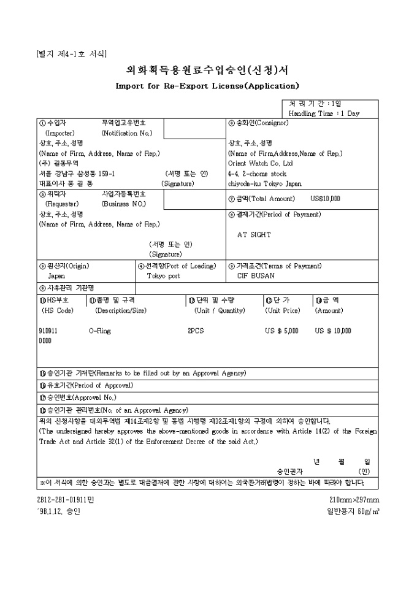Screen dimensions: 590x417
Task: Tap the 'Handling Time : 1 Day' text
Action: click(324, 113)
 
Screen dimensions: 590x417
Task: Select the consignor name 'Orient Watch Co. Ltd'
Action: click(260, 163)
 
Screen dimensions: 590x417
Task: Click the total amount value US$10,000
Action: click(325, 199)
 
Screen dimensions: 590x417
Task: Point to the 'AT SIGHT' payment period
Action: click(254, 234)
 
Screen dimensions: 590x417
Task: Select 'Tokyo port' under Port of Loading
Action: click(163, 275)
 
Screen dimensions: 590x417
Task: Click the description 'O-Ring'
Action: click(99, 330)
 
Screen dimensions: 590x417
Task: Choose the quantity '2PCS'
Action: click(196, 330)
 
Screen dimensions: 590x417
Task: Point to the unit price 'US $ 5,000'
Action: click(281, 330)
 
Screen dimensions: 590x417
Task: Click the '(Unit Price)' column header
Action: click(282, 310)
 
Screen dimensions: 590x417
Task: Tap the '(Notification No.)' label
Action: click(127, 133)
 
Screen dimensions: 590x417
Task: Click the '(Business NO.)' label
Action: click(123, 204)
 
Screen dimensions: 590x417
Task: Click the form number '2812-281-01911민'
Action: click(64, 499)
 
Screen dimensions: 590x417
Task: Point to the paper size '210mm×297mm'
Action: click(354, 499)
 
